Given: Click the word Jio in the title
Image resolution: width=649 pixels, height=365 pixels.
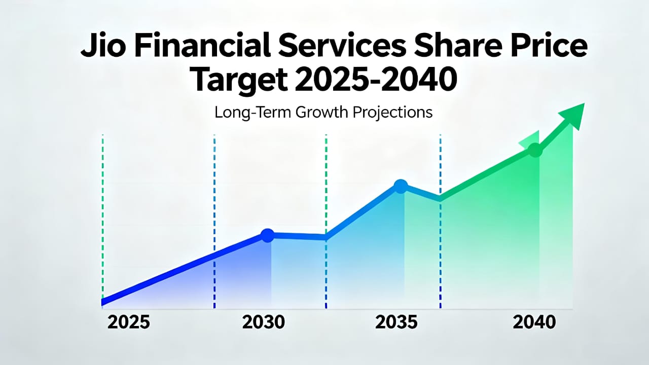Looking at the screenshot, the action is pos(103,46).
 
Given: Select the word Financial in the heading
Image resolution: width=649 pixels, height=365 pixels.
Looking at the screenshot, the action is pos(203,45).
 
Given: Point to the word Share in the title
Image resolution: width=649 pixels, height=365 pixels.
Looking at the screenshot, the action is pos(458,46).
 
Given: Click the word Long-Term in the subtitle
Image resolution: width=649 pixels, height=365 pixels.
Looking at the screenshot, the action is pos(253,112).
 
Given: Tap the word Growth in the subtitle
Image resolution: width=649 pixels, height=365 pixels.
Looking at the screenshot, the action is pos(321,112).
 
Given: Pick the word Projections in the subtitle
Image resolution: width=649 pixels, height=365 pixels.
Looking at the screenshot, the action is pos(393,113).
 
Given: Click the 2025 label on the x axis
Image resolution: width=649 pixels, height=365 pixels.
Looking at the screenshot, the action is pos(129,322).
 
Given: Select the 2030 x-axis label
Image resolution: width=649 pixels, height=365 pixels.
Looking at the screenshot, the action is pos(263,322).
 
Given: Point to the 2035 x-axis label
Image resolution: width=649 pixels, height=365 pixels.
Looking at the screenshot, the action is pos(396,322).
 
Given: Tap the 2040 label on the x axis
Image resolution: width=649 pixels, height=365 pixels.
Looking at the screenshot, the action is pos(534,322).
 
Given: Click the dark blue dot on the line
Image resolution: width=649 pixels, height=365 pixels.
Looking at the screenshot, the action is pos(267,235).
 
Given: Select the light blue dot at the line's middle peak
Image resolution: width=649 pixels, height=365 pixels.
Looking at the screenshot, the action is pos(401,186).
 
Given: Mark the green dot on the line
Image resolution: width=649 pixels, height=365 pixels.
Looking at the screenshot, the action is pos(535,150).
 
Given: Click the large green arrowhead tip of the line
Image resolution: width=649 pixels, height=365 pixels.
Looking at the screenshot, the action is pos(585,103).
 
